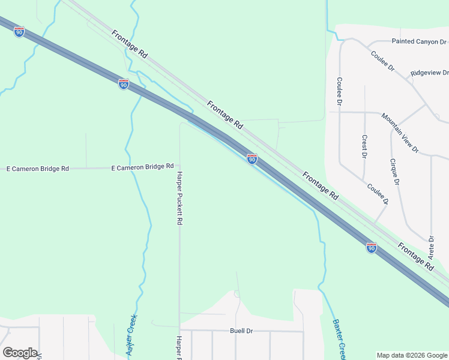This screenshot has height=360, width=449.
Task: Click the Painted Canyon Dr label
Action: click(x=420, y=42)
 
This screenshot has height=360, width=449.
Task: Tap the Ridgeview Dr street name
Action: click(x=429, y=73)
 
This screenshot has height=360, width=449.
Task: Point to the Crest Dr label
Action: click(x=364, y=146)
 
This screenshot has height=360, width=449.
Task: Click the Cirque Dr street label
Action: click(x=394, y=171)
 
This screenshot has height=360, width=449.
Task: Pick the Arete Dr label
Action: click(x=431, y=247)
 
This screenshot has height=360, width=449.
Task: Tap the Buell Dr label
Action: click(x=242, y=331)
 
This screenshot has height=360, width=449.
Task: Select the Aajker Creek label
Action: click(x=132, y=337)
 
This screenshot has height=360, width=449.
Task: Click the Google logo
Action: click(x=20, y=353)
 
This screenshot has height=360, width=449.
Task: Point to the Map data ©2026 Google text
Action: click(x=411, y=355)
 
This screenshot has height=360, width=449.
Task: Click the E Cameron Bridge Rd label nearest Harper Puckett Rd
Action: click(x=143, y=166)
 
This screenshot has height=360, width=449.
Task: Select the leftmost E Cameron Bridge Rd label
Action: click(x=37, y=169)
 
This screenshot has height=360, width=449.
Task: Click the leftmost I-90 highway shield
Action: click(x=19, y=32)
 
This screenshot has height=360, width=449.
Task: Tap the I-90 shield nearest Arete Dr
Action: click(x=372, y=247)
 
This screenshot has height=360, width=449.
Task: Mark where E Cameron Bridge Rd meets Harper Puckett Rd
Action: click(x=179, y=167)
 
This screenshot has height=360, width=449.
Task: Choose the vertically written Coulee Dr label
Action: click(x=339, y=92)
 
